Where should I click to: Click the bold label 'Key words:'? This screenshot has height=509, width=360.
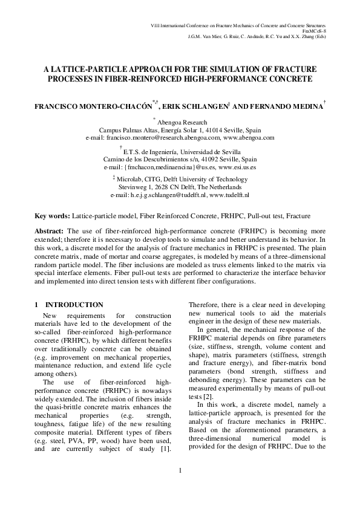coord(52,215)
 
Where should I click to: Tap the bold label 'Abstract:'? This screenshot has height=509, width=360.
coord(50,231)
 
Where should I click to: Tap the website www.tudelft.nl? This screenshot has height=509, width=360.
coord(229,196)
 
